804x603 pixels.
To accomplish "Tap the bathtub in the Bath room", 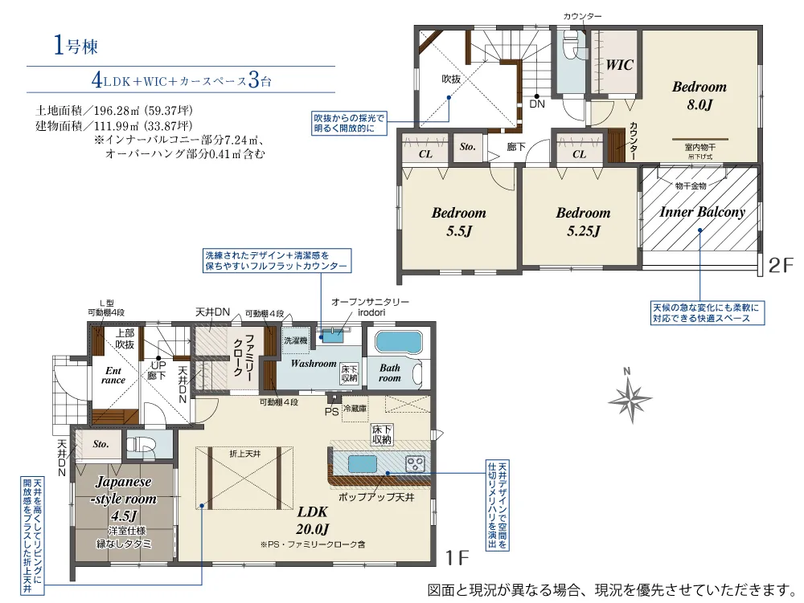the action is click(398, 342).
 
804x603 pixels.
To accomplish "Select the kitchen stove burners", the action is click(416, 464).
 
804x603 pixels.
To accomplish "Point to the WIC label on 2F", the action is click(619, 65).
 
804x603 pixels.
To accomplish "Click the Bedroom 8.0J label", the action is click(699, 96).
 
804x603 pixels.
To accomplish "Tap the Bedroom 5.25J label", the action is click(583, 222).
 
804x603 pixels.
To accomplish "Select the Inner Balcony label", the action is click(702, 212).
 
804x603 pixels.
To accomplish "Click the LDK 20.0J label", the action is click(312, 520).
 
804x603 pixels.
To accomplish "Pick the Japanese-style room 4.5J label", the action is click(124, 499).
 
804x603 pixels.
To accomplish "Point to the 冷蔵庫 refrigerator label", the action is click(355, 409).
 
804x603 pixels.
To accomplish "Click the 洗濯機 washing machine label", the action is click(295, 340).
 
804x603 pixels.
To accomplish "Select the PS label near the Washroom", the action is click(331, 412).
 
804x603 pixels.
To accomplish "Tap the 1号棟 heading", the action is click(76, 46).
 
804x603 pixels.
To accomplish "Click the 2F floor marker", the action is click(781, 265).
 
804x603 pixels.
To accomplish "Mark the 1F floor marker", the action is click(457, 557).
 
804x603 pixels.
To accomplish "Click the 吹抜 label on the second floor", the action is click(451, 79).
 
